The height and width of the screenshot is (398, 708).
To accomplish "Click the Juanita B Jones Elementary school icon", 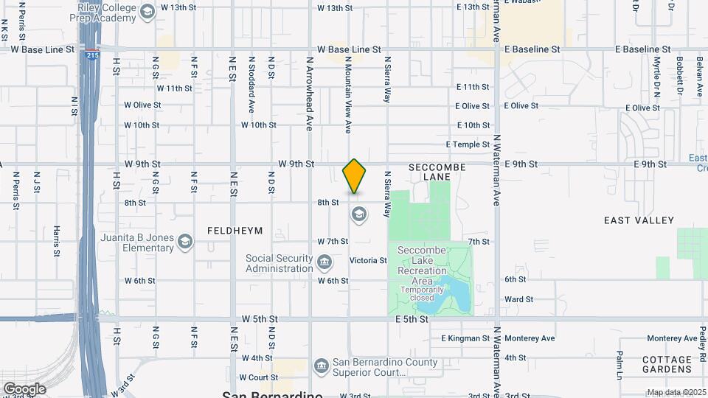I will [x=184, y=242].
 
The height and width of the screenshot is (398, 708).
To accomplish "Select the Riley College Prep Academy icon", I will [x=147, y=11].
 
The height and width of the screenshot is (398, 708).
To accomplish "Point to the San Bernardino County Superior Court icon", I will [x=321, y=366].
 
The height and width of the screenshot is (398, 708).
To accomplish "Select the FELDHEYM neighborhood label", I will [x=235, y=231].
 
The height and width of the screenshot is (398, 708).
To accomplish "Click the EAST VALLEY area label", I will [x=639, y=220].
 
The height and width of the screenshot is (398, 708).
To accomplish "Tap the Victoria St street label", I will [x=368, y=261].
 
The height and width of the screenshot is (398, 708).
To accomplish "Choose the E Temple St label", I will [x=468, y=144].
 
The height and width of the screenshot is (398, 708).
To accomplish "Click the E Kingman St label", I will [x=465, y=338].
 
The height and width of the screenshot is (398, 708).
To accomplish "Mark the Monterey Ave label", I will [x=530, y=338].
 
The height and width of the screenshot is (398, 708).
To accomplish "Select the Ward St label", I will [x=518, y=299].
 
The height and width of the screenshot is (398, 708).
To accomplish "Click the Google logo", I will [x=24, y=388].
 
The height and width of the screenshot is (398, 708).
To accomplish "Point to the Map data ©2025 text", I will [x=676, y=392].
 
